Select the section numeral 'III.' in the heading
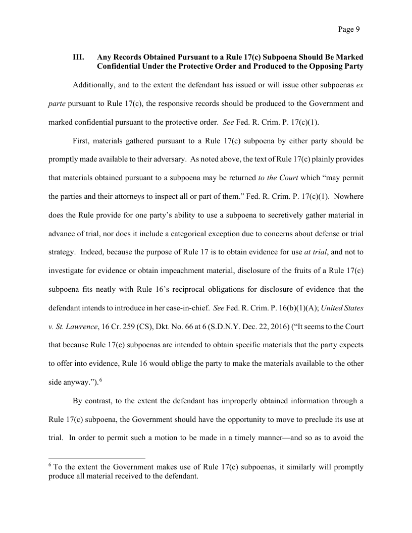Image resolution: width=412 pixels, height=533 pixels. (79, 58)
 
